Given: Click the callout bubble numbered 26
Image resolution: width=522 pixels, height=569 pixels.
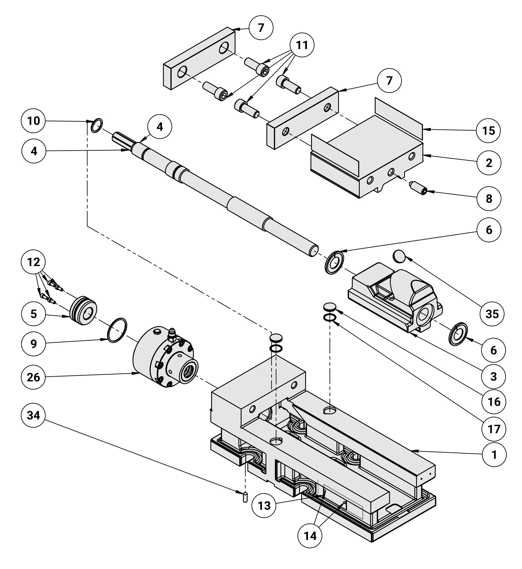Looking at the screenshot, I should click(x=33, y=377).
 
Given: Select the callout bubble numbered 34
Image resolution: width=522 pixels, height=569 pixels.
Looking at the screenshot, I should click(x=33, y=415).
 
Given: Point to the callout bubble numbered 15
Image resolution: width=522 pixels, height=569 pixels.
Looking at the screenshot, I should click(x=489, y=131).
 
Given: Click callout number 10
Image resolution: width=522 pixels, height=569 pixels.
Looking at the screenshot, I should click(x=33, y=121).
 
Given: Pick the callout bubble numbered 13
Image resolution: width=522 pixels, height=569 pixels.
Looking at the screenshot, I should click(x=264, y=506).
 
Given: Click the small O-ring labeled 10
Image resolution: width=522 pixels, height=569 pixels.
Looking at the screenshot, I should click(x=97, y=126).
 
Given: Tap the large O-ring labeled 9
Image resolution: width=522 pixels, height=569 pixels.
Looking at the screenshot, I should click(x=117, y=330).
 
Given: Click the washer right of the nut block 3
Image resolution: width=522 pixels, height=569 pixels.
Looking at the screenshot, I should click(x=458, y=334).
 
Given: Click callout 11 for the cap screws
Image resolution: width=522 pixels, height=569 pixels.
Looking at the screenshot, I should click(x=302, y=45).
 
